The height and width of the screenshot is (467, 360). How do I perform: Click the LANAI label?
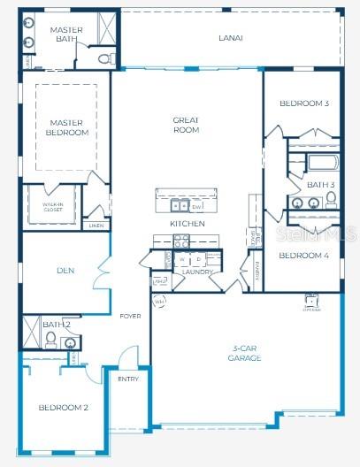pos(231,38)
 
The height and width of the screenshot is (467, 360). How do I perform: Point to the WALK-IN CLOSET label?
pos(53,207)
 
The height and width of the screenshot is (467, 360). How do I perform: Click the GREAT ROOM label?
pos(186,125)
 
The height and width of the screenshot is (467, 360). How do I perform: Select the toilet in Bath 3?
pos(330,199)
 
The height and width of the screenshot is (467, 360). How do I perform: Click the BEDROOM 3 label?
pos(303,103)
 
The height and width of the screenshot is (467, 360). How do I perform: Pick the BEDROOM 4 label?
pos(303,256)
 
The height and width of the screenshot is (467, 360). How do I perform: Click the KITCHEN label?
pos(188,224)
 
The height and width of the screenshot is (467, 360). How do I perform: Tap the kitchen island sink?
pos(176,206)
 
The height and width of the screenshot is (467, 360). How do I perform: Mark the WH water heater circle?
pos(160,301)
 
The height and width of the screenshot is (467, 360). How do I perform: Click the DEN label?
pos(65,271)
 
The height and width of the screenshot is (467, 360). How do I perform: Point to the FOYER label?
pos(131,316)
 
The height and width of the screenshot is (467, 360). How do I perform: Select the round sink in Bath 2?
pos(71,343)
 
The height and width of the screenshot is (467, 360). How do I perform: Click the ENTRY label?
pos(127,379)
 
